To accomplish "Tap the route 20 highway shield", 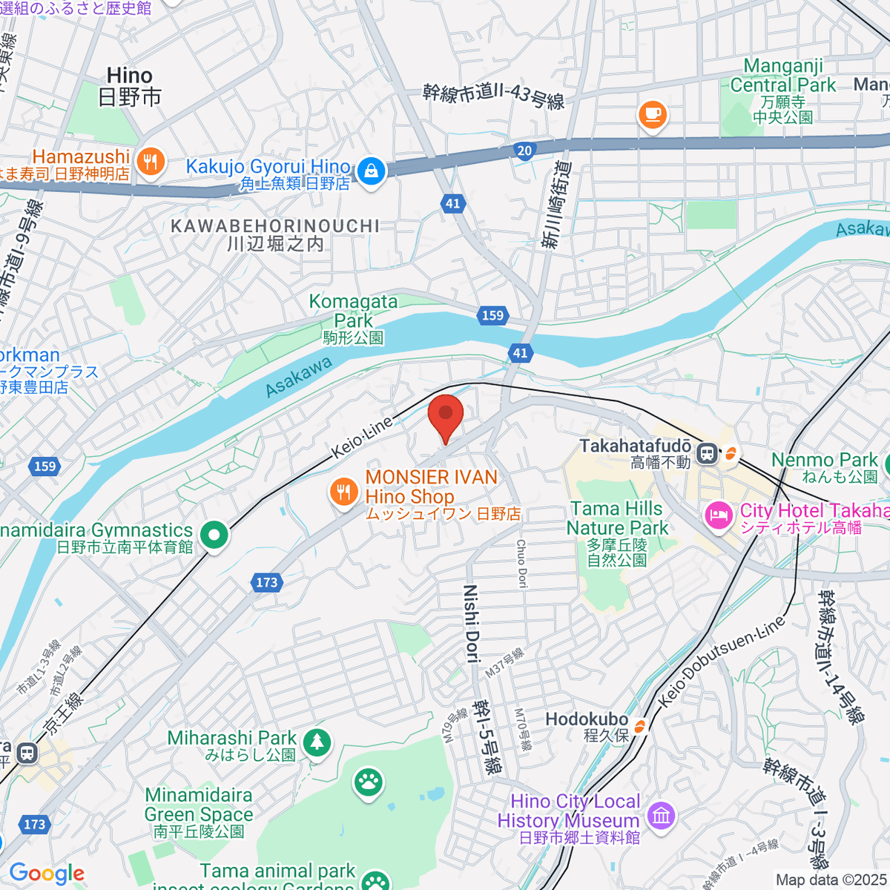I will (525, 151).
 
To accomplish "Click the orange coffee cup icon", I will (652, 114).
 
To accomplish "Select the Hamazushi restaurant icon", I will (151, 162).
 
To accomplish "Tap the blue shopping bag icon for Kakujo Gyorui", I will (370, 171).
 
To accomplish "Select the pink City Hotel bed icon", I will (718, 515).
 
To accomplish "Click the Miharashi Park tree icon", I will (317, 741).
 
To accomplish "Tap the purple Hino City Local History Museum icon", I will (660, 816).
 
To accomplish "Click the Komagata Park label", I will (353, 311).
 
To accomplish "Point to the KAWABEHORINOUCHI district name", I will (275, 226).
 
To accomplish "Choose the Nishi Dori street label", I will (471, 622).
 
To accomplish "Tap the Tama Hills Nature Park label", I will (617, 518).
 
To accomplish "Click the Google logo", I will (47, 874).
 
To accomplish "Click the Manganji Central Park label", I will (782, 76).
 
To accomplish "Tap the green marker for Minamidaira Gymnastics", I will (214, 534).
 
